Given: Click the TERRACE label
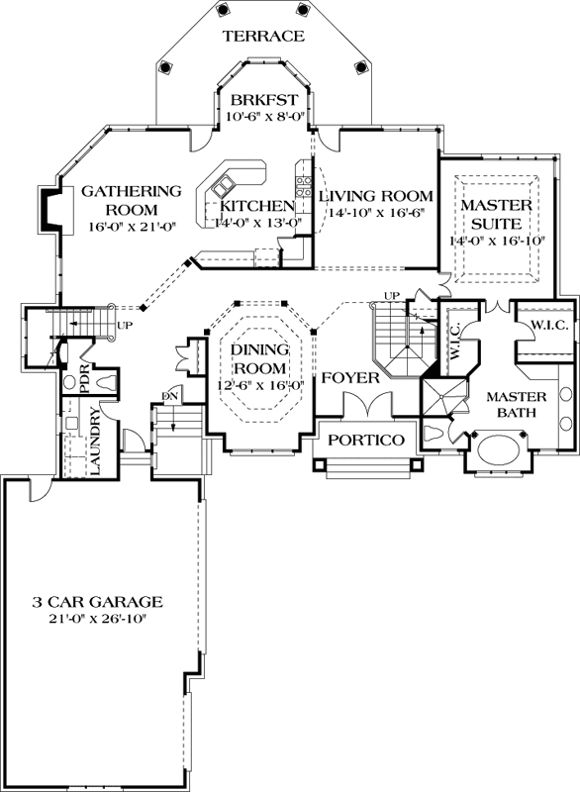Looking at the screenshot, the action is click(x=264, y=36).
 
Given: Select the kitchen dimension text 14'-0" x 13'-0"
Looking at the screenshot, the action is click(x=258, y=222).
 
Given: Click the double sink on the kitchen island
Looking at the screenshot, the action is click(x=224, y=185).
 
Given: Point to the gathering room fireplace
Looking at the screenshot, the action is click(x=50, y=207).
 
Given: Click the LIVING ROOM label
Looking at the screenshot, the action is click(x=375, y=195).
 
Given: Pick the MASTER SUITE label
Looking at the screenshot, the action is click(x=497, y=214).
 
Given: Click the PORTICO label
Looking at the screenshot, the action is click(x=366, y=440).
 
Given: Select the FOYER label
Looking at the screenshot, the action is click(x=350, y=378).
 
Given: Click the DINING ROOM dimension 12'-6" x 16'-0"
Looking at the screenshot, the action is click(x=261, y=385).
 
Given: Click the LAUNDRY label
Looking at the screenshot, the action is click(x=95, y=441).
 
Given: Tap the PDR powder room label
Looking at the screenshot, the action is click(x=84, y=377).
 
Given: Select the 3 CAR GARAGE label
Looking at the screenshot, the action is click(x=97, y=602).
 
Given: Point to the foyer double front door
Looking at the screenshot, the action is click(x=368, y=404).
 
